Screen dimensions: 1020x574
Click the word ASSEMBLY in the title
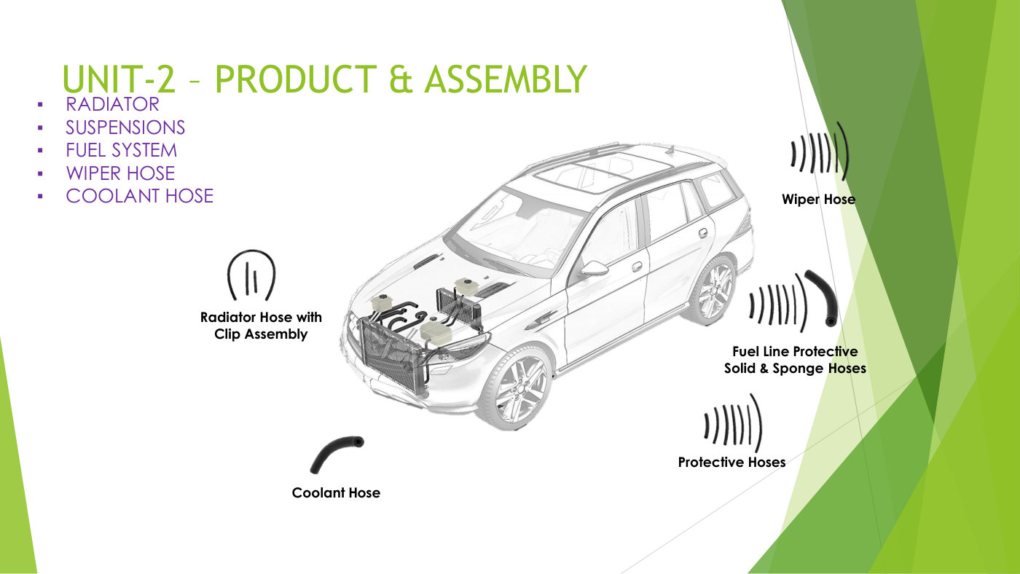pos(506,79)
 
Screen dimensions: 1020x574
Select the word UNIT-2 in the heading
pos(118,79)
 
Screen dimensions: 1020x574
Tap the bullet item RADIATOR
pos(112,104)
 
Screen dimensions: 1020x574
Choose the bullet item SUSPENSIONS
pos(125,127)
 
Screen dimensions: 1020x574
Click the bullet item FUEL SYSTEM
pos(121,150)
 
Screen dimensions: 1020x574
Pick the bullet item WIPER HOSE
pos(120,173)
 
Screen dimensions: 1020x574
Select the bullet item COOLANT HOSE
pos(139,196)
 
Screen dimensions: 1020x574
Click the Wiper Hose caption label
pos(818,200)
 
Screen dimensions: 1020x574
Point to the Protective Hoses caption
pos(731,462)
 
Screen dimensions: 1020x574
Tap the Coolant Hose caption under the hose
pos(336,492)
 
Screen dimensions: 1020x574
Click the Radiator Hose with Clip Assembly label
pos(261,326)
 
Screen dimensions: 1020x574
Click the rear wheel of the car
pos(712,290)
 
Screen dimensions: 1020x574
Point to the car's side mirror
pos(593,268)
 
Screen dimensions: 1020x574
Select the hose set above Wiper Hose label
pos(820,152)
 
